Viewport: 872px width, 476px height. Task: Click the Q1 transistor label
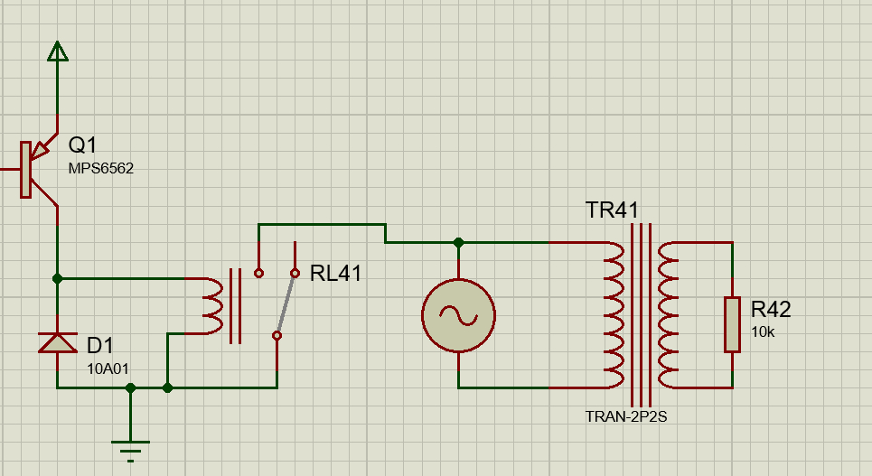(x=82, y=145)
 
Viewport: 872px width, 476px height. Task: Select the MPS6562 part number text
(x=100, y=169)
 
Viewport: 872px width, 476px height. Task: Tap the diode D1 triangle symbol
(x=57, y=342)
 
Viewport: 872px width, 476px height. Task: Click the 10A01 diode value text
(x=108, y=369)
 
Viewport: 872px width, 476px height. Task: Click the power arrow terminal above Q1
(x=58, y=51)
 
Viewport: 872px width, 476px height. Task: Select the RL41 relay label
(x=335, y=274)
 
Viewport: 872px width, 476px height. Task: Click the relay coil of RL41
(x=213, y=306)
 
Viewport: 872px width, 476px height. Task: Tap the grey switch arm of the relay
(x=286, y=304)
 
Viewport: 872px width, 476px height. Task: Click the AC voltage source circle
(x=458, y=315)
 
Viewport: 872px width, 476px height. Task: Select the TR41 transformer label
(x=612, y=210)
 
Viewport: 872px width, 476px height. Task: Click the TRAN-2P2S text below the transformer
(x=625, y=416)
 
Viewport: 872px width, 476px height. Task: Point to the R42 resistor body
(x=732, y=325)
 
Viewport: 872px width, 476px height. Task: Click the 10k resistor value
(x=763, y=332)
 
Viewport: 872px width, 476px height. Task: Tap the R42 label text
(x=771, y=309)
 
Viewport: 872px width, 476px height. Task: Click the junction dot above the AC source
(x=458, y=242)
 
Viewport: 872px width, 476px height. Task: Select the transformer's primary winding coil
(x=614, y=314)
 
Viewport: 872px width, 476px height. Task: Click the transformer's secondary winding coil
(x=668, y=314)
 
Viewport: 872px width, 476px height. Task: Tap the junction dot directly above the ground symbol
(x=130, y=387)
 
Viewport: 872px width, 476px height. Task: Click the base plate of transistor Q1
(x=25, y=170)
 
